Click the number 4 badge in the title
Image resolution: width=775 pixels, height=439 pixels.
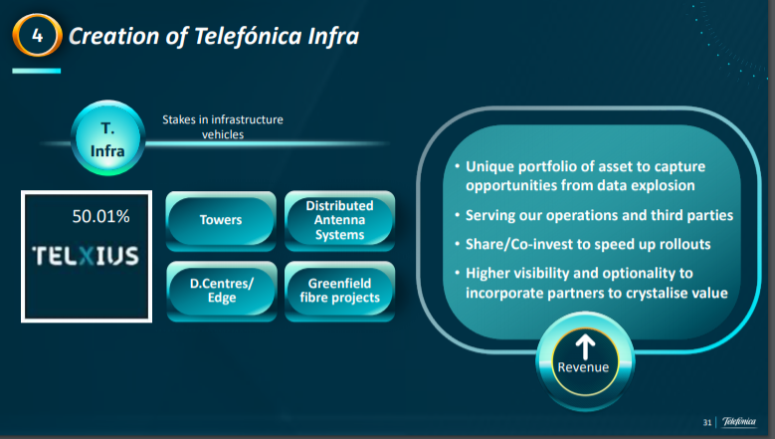point(37,35)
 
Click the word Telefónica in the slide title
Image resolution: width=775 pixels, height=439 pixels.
point(248,36)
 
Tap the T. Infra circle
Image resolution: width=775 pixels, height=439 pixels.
point(107,138)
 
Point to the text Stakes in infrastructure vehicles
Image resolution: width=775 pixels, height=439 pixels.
point(223,127)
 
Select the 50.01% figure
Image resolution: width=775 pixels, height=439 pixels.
point(100,216)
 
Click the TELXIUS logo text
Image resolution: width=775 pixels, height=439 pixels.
point(86,256)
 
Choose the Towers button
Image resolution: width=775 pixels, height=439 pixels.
point(221,220)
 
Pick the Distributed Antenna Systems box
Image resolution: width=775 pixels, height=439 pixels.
point(339,220)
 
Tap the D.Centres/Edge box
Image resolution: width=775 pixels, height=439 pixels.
point(222,292)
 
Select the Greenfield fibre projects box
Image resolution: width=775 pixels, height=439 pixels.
point(339,292)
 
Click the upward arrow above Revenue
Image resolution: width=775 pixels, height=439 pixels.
point(585,346)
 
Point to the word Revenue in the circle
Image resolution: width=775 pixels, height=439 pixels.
point(583,367)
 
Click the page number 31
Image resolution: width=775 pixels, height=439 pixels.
point(707,423)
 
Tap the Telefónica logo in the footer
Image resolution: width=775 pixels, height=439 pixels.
point(739,422)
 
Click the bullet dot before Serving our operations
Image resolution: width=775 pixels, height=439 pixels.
point(458,215)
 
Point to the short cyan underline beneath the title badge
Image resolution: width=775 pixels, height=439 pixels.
point(37,72)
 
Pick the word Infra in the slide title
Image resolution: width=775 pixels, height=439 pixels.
point(333,36)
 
